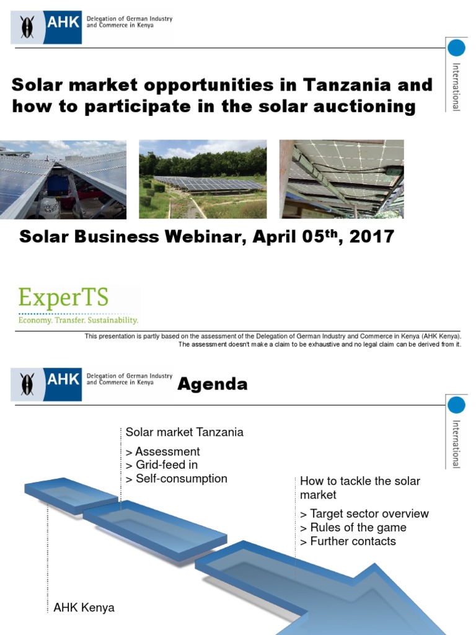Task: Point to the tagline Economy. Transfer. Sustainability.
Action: tap(78, 321)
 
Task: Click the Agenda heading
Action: tap(212, 384)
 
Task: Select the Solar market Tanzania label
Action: tap(184, 432)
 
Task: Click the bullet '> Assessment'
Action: tap(162, 451)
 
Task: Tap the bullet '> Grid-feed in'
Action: tap(161, 465)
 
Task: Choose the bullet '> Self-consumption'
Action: tap(176, 479)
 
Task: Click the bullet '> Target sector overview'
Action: tap(364, 513)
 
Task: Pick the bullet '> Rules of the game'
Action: tap(353, 528)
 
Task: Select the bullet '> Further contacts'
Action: tap(348, 541)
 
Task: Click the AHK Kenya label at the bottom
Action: tap(84, 608)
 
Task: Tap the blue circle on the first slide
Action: tap(456, 48)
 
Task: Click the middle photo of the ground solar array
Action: tap(203, 179)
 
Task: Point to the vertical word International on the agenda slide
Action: tap(456, 443)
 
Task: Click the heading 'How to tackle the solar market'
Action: tap(359, 488)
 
